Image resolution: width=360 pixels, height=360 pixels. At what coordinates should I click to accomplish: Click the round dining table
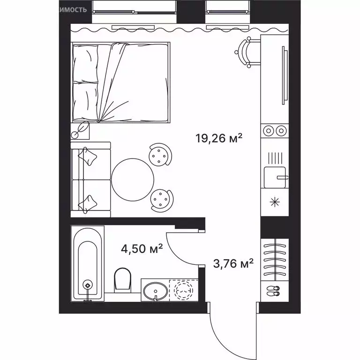point(133,178)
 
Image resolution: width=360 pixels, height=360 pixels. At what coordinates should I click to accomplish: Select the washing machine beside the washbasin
point(183,290)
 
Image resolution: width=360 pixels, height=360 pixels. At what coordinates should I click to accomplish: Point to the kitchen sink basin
point(274,177)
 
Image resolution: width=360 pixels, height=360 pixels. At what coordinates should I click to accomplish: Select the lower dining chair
point(161,200)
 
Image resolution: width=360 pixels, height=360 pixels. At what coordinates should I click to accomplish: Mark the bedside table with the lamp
point(81,130)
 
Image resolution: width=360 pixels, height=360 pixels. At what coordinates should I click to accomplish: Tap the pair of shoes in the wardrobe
point(273,291)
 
